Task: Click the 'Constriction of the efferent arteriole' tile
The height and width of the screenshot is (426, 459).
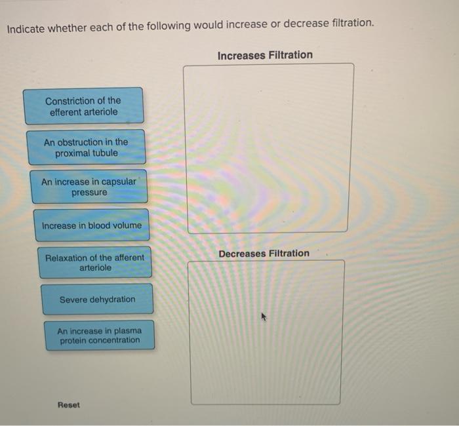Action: pos(83,106)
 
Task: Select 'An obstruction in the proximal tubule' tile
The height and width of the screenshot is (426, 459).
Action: pos(86,147)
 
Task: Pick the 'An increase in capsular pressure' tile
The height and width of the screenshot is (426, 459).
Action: pos(89,187)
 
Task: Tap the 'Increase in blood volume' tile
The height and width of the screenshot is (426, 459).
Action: pos(91,225)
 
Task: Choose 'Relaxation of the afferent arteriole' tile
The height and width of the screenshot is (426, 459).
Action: pos(95,262)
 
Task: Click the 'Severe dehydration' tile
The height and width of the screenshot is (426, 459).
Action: pos(97,300)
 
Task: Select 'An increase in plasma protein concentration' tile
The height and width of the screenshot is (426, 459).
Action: pos(99,336)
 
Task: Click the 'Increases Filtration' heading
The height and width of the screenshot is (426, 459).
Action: pos(265,55)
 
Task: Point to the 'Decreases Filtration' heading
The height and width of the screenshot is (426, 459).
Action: pos(264,254)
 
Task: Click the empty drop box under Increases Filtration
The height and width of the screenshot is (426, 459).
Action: pos(269,148)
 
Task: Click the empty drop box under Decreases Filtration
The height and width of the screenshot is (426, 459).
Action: pos(266,332)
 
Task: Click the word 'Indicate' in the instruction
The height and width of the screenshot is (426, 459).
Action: pos(28,27)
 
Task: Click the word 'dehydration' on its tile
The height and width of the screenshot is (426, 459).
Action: pos(111,300)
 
